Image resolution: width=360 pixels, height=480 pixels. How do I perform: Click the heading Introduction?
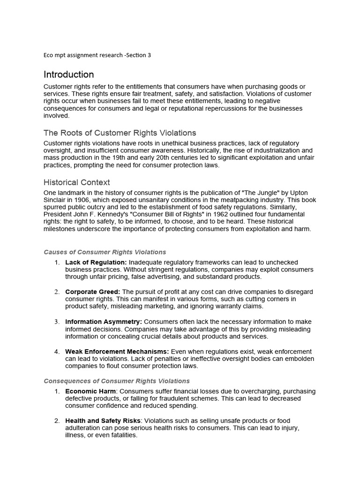coord(68,75)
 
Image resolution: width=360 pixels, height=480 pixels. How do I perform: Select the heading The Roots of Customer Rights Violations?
coord(120,133)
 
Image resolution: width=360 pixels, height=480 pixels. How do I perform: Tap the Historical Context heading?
coord(76,182)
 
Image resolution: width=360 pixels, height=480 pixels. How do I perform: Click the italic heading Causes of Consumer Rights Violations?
coord(105,252)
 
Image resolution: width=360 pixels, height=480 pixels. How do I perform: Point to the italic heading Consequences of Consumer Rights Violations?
coord(117,381)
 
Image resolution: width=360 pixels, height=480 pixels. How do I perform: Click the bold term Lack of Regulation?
coord(96,262)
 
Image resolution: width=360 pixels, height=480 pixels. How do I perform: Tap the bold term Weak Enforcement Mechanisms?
coord(117,352)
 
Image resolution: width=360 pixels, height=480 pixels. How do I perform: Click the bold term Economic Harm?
coord(90,391)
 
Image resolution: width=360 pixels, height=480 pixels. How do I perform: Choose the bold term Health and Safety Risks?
coord(103,421)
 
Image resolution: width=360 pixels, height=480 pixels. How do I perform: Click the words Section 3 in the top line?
coord(138,55)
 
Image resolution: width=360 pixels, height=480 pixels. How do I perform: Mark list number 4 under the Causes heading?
coord(57,352)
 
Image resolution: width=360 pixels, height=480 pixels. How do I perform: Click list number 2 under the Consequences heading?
coord(57,421)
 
